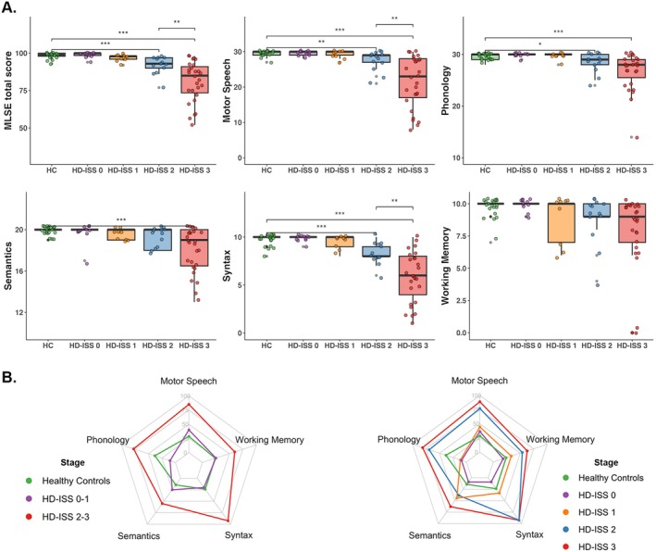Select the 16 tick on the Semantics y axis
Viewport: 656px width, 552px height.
(x=31, y=270)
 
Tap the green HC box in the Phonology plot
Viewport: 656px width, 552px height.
(x=484, y=56)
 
